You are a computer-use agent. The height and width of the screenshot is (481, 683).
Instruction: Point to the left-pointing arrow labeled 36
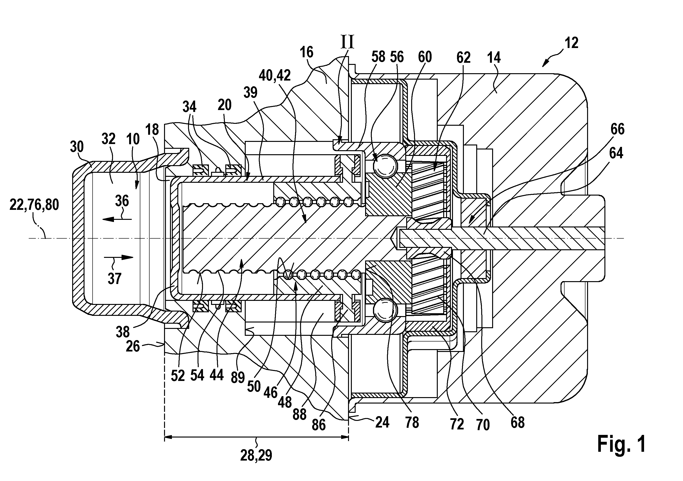pyautogui.click(x=117, y=219)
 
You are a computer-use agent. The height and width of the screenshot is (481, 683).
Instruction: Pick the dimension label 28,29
pyautogui.click(x=256, y=456)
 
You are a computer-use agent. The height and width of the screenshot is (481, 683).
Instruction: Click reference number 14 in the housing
pyautogui.click(x=494, y=58)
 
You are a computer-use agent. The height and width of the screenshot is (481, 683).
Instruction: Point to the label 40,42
pyautogui.click(x=275, y=76)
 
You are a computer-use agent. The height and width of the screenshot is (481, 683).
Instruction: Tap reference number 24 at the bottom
pyautogui.click(x=382, y=422)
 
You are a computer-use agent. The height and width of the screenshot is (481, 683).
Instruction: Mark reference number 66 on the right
pyautogui.click(x=617, y=129)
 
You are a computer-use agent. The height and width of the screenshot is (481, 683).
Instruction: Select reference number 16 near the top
pyautogui.click(x=306, y=52)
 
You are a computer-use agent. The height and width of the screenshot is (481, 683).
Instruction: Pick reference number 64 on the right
pyautogui.click(x=616, y=153)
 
